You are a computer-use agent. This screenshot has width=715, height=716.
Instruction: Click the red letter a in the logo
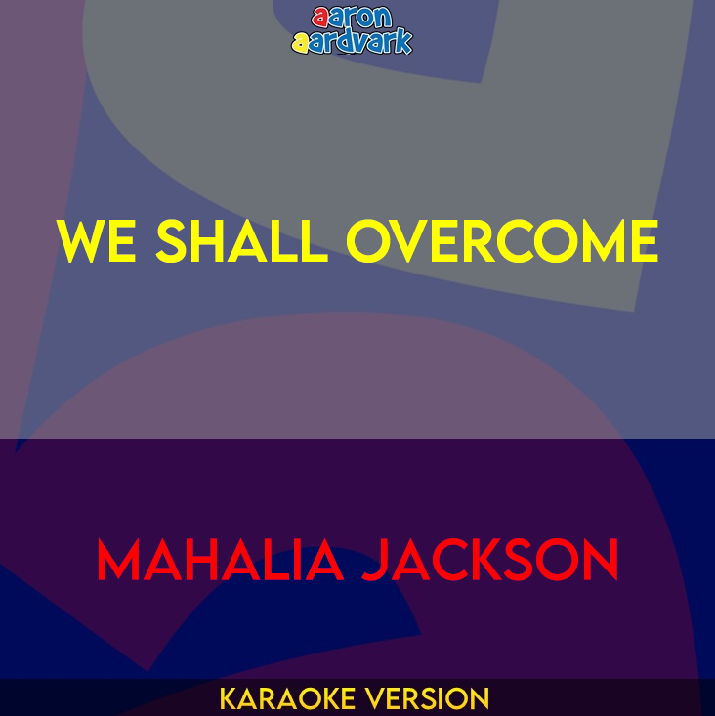pos(319,17)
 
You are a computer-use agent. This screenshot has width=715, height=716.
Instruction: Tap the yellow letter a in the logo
pos(300,42)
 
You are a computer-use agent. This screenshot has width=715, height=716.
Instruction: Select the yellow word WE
pos(97,241)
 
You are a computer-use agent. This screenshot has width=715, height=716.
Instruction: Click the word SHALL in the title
pos(241,241)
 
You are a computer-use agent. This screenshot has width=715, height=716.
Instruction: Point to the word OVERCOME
pos(502,241)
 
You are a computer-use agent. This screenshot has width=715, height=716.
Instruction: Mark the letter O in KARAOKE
pos(315,699)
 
